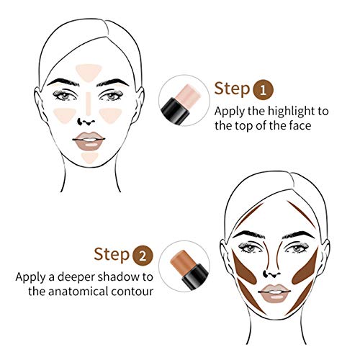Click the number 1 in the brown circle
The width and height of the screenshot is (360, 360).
coord(265,89)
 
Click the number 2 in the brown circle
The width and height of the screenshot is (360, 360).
coord(143,255)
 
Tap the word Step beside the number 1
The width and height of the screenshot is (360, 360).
coord(231,89)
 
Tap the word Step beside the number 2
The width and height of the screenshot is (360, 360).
coord(111,255)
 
